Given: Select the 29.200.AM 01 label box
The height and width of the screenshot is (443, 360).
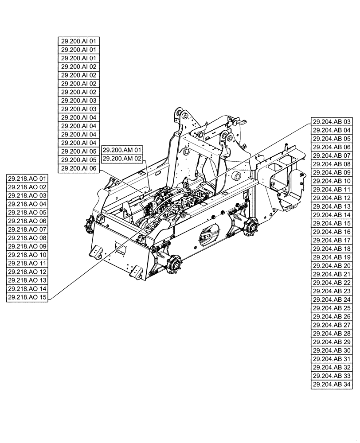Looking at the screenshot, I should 122,150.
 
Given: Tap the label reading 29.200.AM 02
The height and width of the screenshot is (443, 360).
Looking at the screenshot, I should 122,158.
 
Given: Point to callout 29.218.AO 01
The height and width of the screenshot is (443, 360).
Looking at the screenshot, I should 27,179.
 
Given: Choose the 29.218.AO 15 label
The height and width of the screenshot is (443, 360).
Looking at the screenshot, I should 27,297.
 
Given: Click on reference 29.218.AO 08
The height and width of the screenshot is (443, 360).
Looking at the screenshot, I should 27,238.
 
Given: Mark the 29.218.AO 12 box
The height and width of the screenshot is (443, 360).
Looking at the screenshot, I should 27,272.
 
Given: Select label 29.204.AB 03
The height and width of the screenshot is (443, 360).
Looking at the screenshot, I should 332,122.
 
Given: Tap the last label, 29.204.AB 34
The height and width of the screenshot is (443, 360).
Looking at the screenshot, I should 332,384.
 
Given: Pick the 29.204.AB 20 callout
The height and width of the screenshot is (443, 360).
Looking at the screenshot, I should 332,266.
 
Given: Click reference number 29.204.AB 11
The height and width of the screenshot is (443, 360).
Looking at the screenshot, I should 332,190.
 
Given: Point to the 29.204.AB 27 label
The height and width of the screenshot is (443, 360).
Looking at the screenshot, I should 332,325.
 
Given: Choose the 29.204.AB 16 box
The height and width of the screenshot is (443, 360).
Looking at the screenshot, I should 332,232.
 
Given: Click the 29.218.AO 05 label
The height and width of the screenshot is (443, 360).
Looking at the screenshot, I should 27,213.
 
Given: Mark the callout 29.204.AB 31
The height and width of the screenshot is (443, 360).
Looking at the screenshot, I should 332,359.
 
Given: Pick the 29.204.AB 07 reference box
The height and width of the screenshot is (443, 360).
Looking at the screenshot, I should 332,155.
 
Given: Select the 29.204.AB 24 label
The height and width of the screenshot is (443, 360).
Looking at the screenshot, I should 332,299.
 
